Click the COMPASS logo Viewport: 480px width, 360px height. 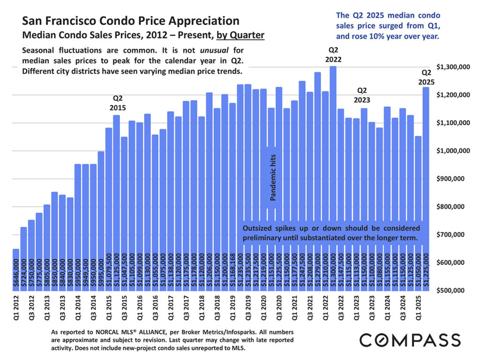tap(410, 340)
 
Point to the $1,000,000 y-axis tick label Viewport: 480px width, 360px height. tap(452, 151)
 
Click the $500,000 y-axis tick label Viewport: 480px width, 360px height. tap(452, 291)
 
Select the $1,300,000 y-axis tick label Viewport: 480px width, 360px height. tap(452, 67)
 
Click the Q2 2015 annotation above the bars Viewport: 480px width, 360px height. tap(118, 103)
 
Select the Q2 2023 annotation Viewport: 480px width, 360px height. tap(362, 95)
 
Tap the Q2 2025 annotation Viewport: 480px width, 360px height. tap(426, 77)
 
